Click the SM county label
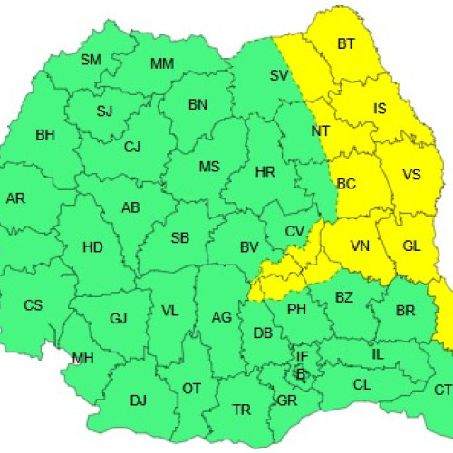click(91, 60)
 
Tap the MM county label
click(162, 63)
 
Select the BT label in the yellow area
click(346, 43)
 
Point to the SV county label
click(278, 76)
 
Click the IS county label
click(381, 109)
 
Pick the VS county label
click(411, 174)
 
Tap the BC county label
click(346, 184)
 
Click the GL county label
click(411, 246)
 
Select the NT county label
click(320, 131)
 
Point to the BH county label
click(44, 135)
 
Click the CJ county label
click(132, 147)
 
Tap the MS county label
click(209, 167)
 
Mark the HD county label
click(92, 246)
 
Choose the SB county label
click(180, 238)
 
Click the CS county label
click(33, 305)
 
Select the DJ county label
click(138, 400)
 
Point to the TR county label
click(241, 410)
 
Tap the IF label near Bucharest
click(302, 358)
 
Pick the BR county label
click(406, 310)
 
